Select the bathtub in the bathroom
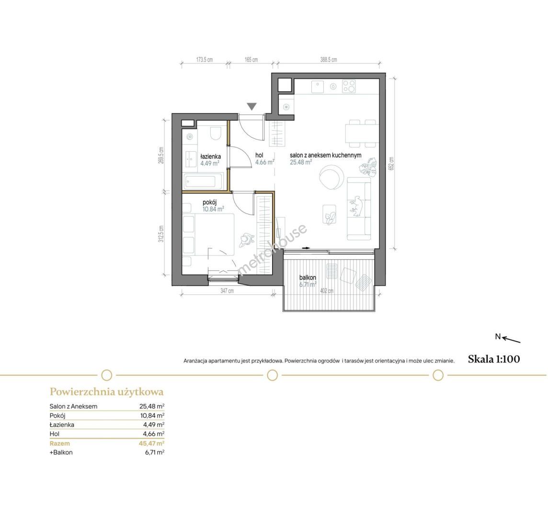tap(203, 181)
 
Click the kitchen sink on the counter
tap(317, 87)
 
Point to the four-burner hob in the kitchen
tap(349, 86)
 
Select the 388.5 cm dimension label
tap(329, 60)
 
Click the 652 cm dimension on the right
tap(391, 164)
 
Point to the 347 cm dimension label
tap(227, 291)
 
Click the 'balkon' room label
tap(308, 278)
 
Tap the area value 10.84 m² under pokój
tap(213, 209)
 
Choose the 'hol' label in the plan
tap(259, 155)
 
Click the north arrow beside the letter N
tap(511, 340)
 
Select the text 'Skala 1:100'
tap(494, 359)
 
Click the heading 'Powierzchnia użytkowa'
tap(107, 392)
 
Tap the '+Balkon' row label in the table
tap(61, 452)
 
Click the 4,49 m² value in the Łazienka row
tap(154, 425)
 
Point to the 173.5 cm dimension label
tap(205, 60)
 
